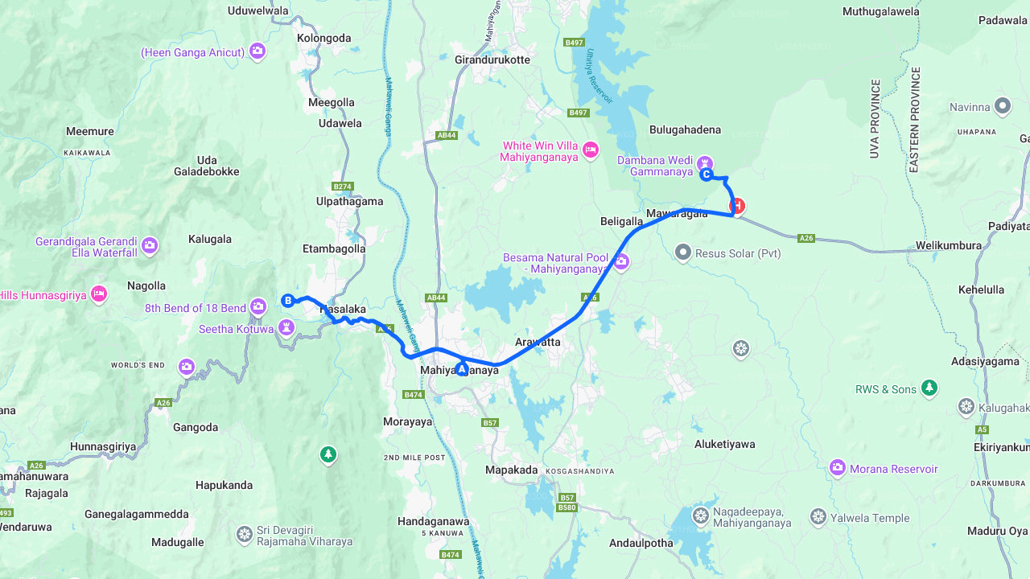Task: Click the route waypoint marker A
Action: click(461, 369)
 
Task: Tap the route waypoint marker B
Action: click(287, 301)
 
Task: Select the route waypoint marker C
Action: click(706, 175)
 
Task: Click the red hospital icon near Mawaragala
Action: click(736, 206)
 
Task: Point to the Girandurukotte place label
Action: click(492, 60)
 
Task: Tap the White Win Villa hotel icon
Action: click(591, 150)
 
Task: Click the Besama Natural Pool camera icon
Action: click(620, 261)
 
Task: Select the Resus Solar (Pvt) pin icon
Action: click(683, 253)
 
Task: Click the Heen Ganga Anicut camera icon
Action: click(257, 51)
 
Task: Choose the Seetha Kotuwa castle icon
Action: click(286, 327)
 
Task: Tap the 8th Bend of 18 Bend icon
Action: click(257, 306)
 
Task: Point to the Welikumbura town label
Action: click(948, 245)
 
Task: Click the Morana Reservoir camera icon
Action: click(838, 468)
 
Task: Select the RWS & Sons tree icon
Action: click(929, 388)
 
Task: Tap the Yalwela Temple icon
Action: click(818, 517)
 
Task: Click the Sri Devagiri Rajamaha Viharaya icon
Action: click(245, 535)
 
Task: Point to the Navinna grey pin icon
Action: click(1002, 105)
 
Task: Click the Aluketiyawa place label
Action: click(724, 444)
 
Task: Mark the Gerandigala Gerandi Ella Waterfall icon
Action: click(149, 245)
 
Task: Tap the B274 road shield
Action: click(343, 187)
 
